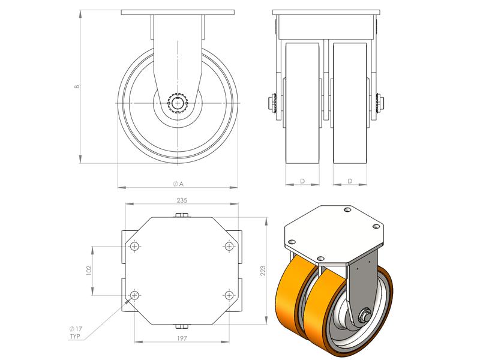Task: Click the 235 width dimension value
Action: pos(182,200)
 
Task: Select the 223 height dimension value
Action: pos(263,271)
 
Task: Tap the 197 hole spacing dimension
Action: pos(182,338)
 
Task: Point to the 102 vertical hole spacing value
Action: pos(89,271)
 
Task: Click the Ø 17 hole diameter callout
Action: pos(76,329)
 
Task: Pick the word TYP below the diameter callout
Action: pos(75,337)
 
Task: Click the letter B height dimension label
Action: pos(77,86)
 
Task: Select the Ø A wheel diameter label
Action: pos(178,184)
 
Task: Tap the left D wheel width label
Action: pos(302,181)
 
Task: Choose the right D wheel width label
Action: pos(350,181)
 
